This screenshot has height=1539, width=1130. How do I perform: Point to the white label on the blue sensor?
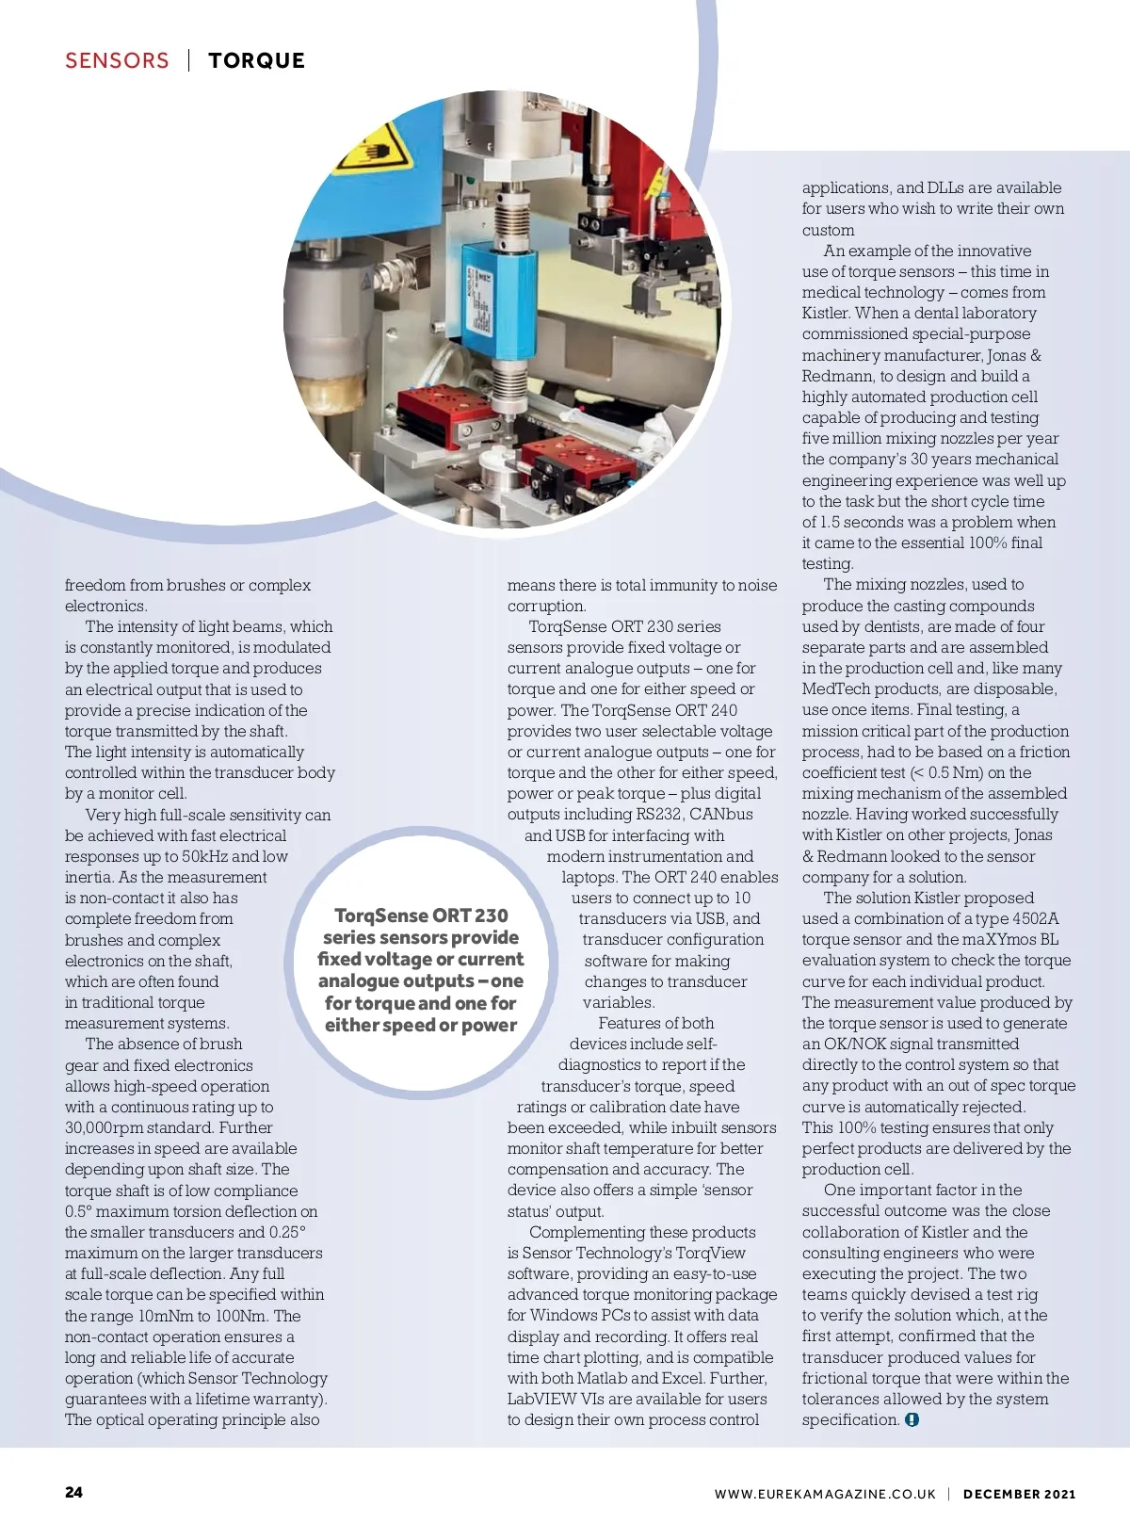[481, 302]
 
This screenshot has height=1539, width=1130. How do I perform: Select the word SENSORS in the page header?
[117, 61]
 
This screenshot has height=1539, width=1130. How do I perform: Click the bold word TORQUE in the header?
[256, 61]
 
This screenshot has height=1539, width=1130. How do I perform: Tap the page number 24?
[73, 1492]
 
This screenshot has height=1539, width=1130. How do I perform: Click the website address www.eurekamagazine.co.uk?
[825, 1494]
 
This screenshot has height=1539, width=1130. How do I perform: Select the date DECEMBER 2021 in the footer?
[1019, 1494]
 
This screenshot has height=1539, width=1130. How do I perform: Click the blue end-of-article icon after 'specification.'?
[912, 1420]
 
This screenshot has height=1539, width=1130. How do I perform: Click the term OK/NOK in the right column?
[856, 1044]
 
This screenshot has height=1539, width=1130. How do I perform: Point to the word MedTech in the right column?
[833, 689]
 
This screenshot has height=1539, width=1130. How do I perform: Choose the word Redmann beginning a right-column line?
[839, 376]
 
